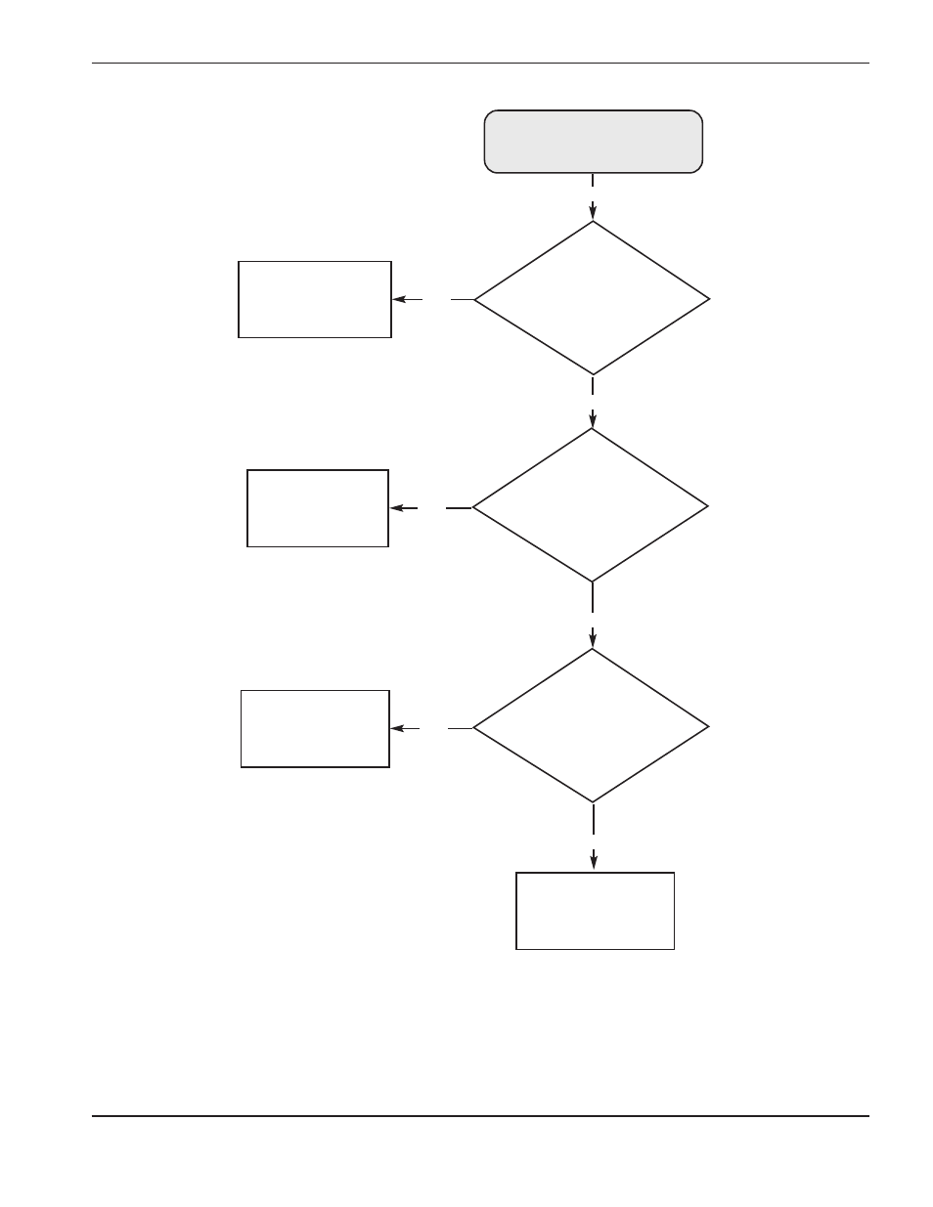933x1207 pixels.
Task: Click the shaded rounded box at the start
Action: coord(593,142)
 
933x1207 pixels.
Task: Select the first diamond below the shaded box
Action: coord(592,298)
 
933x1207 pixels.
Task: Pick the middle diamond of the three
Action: coord(591,506)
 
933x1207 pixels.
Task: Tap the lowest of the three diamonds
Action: coord(591,726)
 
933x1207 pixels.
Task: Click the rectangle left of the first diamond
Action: coord(315,299)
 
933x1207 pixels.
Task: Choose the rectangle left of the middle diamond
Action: coord(318,507)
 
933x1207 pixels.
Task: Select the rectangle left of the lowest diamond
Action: coord(315,728)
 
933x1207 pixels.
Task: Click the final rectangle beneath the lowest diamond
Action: coord(595,910)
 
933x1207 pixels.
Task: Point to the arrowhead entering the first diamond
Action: coord(593,212)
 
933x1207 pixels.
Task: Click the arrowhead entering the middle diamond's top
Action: coord(593,420)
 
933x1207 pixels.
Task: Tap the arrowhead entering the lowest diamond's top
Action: coord(593,640)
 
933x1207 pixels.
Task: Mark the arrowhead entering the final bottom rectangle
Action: coord(594,861)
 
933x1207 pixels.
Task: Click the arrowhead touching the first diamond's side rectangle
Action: coord(400,299)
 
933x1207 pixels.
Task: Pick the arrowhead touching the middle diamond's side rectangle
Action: coord(397,508)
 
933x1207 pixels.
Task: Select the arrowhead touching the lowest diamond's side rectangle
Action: coord(397,728)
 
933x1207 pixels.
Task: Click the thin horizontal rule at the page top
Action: coord(480,64)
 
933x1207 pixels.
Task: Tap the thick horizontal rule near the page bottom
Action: coord(480,1115)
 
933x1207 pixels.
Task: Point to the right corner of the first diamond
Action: coord(708,299)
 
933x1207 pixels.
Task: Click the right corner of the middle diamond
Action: coord(706,506)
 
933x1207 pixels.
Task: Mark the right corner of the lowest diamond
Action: coord(707,726)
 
